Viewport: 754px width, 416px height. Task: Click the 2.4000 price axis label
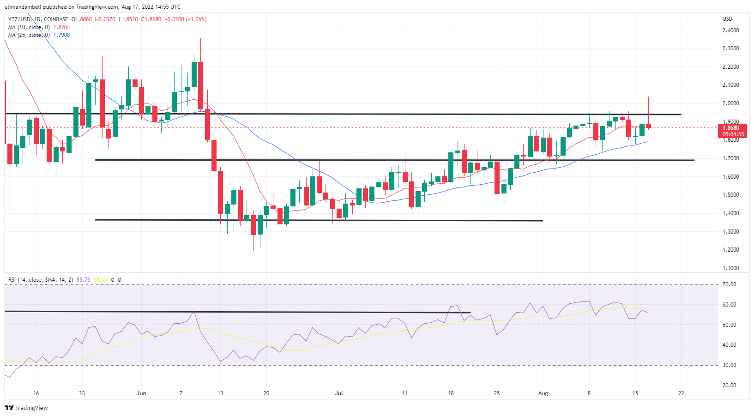coord(730,30)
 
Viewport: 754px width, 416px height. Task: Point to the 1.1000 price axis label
coord(730,268)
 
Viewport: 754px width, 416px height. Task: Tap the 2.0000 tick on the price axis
coord(730,103)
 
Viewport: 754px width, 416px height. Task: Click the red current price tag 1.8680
coord(733,128)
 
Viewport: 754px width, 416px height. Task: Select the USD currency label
coord(727,19)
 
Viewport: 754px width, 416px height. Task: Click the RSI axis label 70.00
coord(730,284)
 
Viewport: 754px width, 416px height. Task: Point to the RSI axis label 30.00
coord(730,365)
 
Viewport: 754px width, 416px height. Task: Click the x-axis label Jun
coord(141,393)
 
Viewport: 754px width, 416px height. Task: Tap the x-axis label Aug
coord(543,393)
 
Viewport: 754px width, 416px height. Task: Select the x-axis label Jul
coord(339,393)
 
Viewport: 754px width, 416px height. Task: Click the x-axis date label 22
coord(681,393)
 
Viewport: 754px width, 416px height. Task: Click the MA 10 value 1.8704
coord(62,27)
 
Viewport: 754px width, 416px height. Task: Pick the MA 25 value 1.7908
coord(62,35)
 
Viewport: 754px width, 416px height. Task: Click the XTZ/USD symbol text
coord(19,19)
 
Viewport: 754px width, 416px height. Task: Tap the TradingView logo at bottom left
coord(26,408)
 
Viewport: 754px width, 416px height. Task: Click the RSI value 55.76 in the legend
coord(84,280)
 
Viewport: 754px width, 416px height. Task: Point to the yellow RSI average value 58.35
coord(100,280)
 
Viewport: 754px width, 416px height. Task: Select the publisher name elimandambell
coord(23,7)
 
